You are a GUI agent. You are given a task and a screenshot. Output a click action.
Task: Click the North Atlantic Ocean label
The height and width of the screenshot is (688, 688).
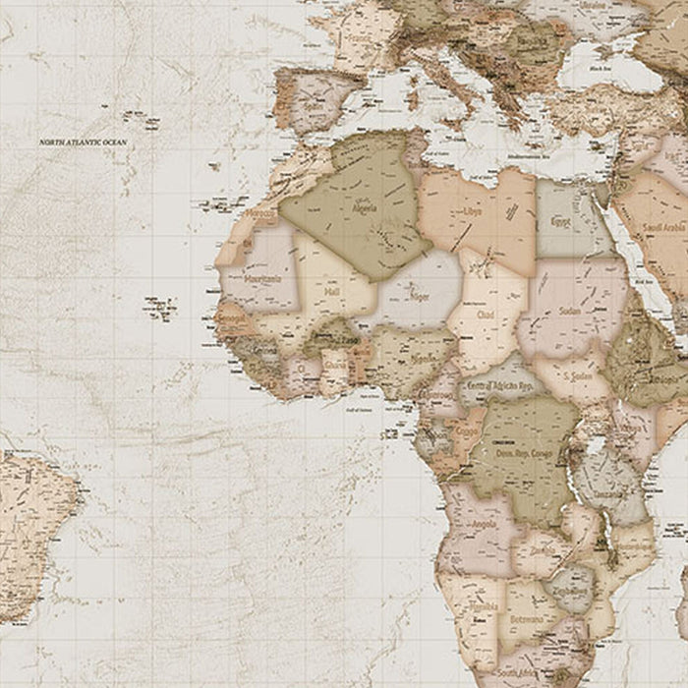(84, 143)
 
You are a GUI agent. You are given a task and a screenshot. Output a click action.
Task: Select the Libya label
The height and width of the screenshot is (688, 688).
(473, 211)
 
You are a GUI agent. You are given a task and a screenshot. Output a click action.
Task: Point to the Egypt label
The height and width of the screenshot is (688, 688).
(559, 221)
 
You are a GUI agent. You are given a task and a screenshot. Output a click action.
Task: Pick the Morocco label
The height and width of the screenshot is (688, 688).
(260, 212)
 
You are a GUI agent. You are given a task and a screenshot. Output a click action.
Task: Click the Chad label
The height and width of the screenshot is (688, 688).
(485, 315)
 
